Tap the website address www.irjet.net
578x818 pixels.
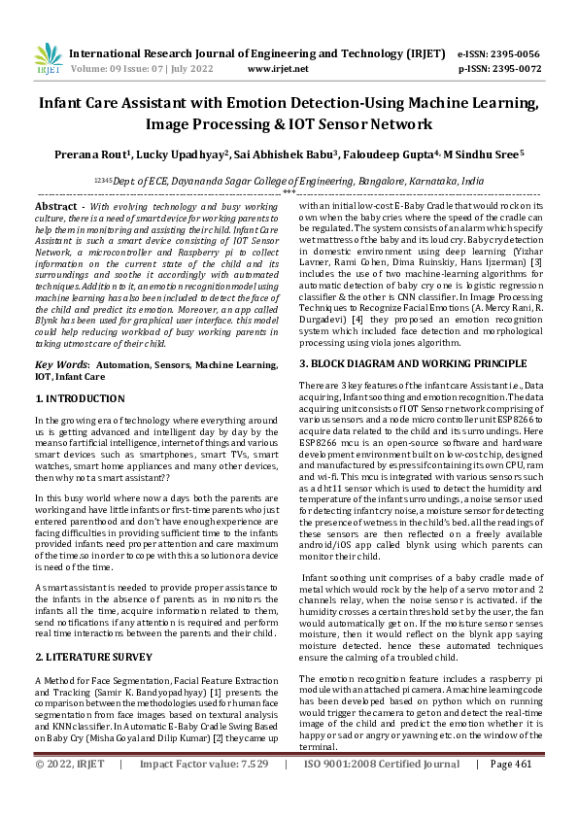click(x=272, y=70)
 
